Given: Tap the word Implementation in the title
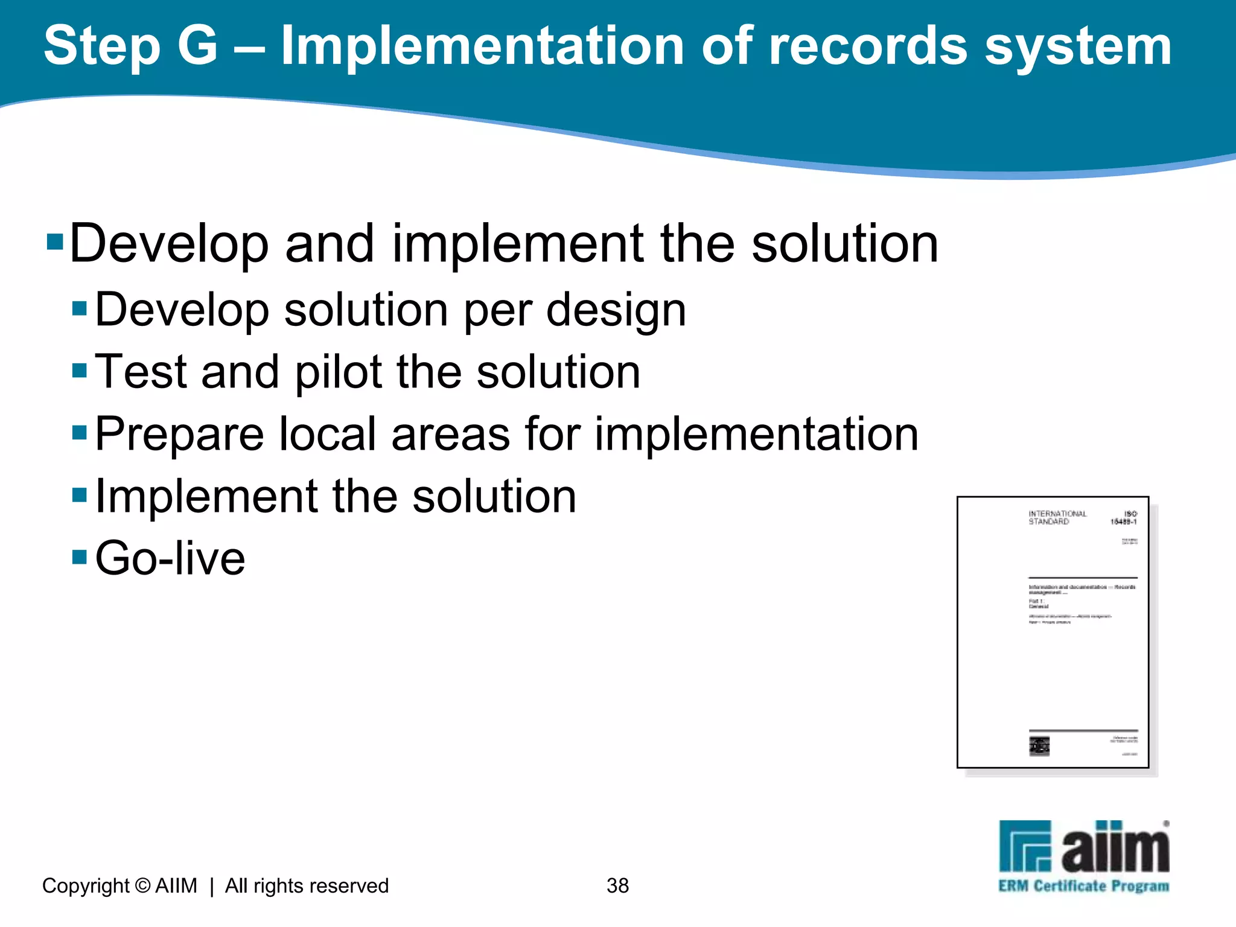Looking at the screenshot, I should tap(482, 46).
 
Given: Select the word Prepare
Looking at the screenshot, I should tap(179, 435).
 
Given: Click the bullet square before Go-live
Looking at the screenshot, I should tap(80, 556).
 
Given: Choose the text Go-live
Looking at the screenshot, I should tap(170, 558).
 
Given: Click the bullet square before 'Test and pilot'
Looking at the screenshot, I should tap(80, 369).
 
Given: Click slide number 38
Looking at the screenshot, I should tap(617, 885).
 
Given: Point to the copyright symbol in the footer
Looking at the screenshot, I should tap(142, 885).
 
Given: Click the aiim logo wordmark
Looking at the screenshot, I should tap(1114, 848).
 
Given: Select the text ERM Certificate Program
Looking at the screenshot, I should tap(1083, 886).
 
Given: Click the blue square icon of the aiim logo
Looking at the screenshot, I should tap(1025, 846).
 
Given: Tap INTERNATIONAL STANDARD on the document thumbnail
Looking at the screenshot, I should tap(1057, 517).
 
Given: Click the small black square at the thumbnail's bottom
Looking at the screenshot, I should tap(1039, 746).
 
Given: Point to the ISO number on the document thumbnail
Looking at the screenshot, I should tap(1124, 518).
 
